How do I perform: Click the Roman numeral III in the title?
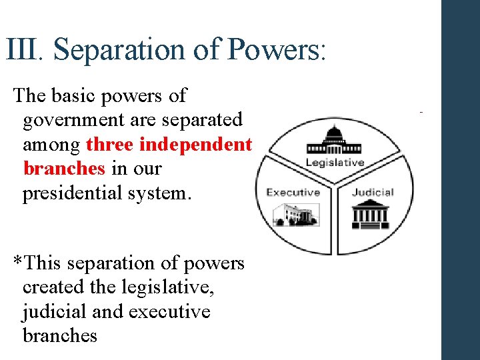click(23, 49)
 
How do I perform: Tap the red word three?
click(110, 144)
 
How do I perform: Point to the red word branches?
click(64, 168)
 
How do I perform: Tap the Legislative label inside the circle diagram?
click(335, 163)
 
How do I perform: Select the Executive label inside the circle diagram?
click(293, 193)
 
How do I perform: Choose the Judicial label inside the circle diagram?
click(373, 193)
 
